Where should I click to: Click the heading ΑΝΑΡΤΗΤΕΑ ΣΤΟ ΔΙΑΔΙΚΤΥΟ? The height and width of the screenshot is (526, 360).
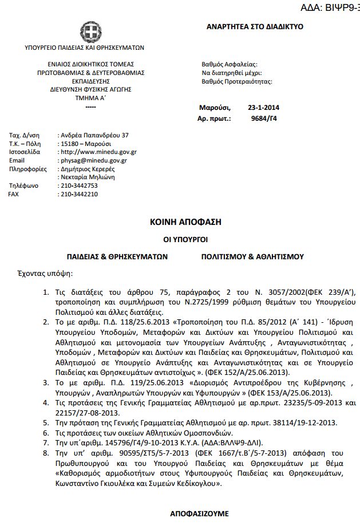tap(255, 27)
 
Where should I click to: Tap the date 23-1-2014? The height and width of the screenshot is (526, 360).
tap(264, 108)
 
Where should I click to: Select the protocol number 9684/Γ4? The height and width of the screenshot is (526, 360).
tap(265, 119)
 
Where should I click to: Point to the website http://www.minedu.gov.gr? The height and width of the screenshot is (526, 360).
tap(98, 152)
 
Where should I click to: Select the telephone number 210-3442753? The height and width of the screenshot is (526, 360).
tap(79, 186)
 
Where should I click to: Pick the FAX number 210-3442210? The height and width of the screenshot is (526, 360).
tap(79, 195)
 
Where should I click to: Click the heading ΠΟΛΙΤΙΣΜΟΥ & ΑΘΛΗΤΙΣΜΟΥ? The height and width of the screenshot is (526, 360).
tap(252, 256)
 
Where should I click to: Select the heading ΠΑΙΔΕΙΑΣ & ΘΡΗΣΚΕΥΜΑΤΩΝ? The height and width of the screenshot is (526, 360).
tap(117, 256)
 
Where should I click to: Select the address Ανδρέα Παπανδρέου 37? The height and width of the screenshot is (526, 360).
tap(94, 135)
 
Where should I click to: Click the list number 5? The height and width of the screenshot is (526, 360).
tap(47, 423)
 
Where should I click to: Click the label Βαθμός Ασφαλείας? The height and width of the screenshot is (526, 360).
tap(230, 65)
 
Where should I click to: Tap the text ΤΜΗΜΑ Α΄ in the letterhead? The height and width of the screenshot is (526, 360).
tap(87, 98)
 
